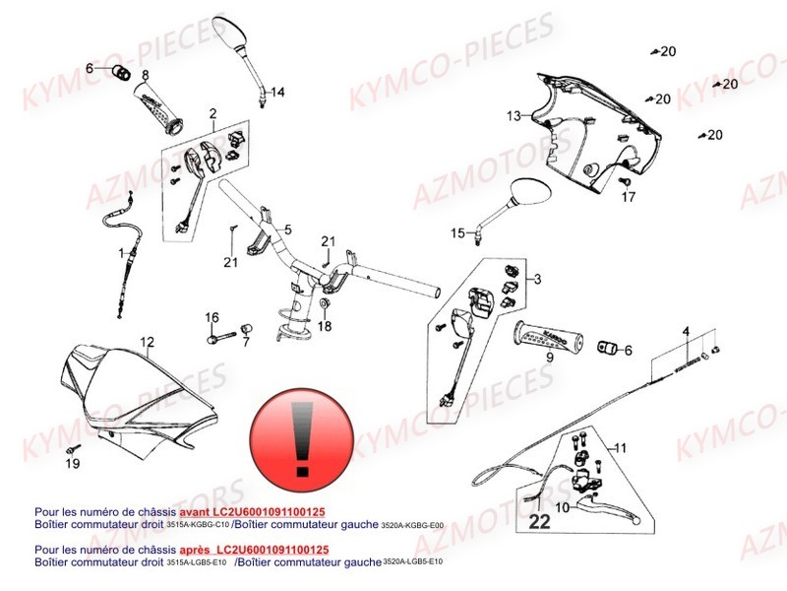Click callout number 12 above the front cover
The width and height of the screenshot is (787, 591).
pos(147,343)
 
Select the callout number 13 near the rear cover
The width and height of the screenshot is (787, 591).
pos(514,116)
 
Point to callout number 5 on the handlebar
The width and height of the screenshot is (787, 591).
pos(288,230)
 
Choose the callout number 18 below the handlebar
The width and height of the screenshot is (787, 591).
pos(325,326)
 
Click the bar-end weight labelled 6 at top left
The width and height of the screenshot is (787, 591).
pos(122,70)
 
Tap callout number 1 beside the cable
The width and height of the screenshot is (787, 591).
pos(123,254)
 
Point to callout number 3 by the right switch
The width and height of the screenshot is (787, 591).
pos(537,281)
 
